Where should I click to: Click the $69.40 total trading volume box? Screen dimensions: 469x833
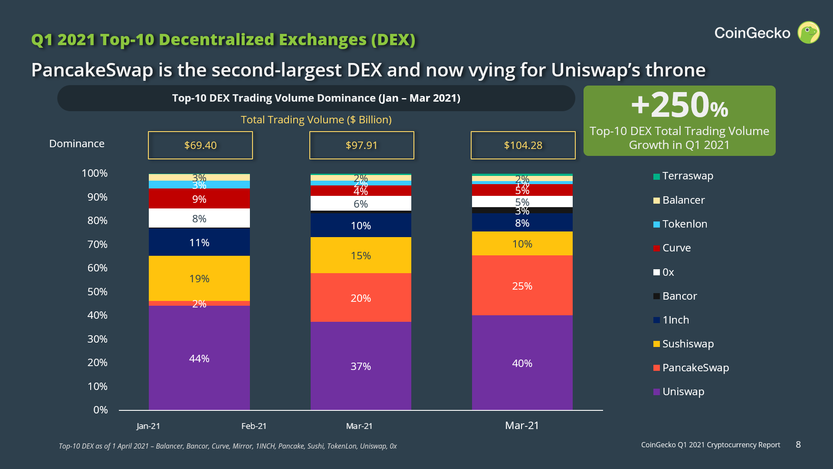pyautogui.click(x=200, y=145)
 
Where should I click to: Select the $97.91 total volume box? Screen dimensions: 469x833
pyautogui.click(x=361, y=145)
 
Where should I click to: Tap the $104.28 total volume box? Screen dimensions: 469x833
pyautogui.click(x=523, y=145)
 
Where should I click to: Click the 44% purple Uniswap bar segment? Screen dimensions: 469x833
pyautogui.click(x=199, y=358)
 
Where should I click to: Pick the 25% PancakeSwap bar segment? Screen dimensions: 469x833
pyautogui.click(x=522, y=285)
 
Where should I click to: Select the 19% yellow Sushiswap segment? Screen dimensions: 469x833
pyautogui.click(x=199, y=278)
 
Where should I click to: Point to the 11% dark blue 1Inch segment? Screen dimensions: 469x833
pyautogui.click(x=199, y=242)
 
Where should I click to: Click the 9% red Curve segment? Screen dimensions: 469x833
pyautogui.click(x=199, y=198)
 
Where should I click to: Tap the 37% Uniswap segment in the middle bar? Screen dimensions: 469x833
pyautogui.click(x=361, y=366)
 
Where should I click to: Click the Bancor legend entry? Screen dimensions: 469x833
pyautogui.click(x=679, y=296)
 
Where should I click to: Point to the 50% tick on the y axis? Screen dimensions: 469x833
pyautogui.click(x=97, y=291)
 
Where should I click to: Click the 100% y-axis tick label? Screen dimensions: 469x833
pyautogui.click(x=95, y=173)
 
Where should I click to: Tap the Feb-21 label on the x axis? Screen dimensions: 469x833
pyautogui.click(x=254, y=426)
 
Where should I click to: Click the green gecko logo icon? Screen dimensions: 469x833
pyautogui.click(x=808, y=33)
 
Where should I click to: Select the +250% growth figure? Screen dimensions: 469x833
pyautogui.click(x=679, y=106)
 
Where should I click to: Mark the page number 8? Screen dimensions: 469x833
pyautogui.click(x=798, y=445)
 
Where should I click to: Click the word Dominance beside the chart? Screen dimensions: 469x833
pyautogui.click(x=77, y=144)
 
